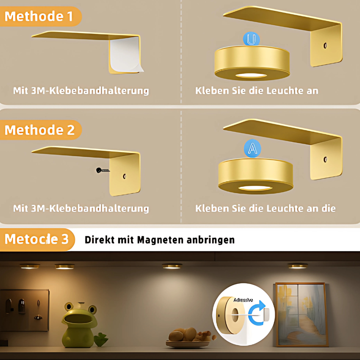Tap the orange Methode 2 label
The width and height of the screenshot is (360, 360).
click(x=40, y=130)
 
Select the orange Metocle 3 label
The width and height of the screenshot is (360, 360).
click(x=37, y=239)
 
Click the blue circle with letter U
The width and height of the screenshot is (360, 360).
click(x=251, y=39)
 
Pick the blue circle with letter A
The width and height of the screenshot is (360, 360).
click(x=253, y=148)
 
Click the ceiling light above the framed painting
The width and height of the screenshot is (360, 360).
click(x=298, y=266)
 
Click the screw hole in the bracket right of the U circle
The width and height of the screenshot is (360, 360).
click(x=325, y=46)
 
